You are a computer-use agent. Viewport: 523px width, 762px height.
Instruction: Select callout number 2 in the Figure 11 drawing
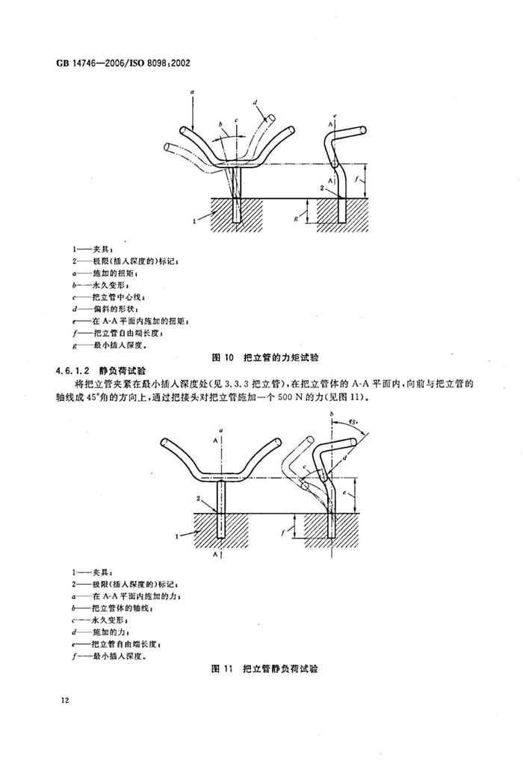point(198,497)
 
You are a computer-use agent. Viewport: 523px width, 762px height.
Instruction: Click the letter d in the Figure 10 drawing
point(255,102)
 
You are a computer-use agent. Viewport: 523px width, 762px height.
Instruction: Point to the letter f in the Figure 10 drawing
point(360,180)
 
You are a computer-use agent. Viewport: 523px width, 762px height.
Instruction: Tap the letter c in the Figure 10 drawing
point(236,120)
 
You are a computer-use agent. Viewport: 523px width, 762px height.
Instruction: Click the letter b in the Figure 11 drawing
point(330,413)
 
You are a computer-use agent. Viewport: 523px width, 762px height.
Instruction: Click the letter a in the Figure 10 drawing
point(192,90)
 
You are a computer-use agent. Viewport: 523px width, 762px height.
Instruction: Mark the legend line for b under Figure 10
point(105,284)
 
